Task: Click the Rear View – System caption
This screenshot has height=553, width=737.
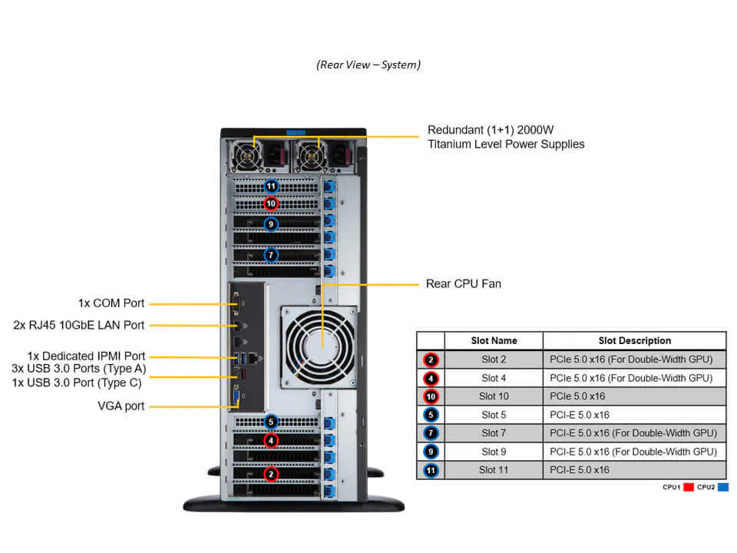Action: (x=368, y=65)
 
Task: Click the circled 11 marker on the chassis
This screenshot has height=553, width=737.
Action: (x=271, y=186)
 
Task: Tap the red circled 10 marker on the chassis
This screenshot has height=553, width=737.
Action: (x=271, y=204)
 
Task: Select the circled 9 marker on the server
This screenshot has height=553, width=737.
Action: (x=271, y=224)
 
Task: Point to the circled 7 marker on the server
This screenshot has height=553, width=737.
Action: (x=271, y=254)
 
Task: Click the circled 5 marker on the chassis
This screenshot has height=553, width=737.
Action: (x=271, y=422)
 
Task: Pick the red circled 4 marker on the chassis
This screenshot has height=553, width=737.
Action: (x=271, y=440)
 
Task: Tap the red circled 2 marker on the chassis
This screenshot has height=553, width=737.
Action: (x=271, y=474)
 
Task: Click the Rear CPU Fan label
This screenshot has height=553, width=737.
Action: (x=463, y=284)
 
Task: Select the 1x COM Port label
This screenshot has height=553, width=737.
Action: (x=111, y=303)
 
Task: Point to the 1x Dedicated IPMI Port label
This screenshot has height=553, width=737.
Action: (x=86, y=356)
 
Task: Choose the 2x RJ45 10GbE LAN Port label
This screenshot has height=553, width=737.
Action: (x=78, y=325)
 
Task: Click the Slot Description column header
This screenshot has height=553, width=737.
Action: (x=634, y=340)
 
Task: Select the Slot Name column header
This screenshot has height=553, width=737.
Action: (x=493, y=340)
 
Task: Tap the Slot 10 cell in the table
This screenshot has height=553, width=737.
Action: (x=493, y=396)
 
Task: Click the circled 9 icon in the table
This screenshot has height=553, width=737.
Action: (x=431, y=452)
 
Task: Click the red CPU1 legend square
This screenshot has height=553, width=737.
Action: (x=688, y=487)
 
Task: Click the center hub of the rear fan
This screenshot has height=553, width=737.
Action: (x=319, y=344)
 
